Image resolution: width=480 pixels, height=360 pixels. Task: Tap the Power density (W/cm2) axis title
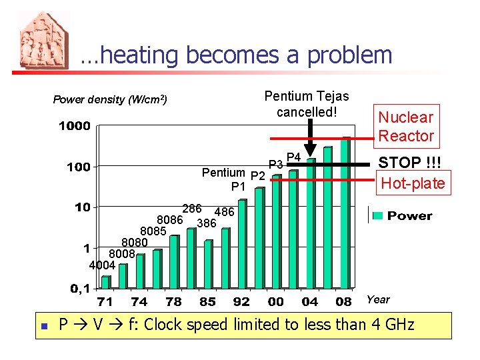[109, 100]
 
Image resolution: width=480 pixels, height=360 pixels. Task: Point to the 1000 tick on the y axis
[74, 126]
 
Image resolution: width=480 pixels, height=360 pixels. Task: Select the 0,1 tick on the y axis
[81, 289]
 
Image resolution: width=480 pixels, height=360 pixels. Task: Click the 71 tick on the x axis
[105, 302]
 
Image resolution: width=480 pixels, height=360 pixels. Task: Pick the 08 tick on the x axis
[343, 302]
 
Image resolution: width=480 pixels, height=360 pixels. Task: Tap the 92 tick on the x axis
[241, 302]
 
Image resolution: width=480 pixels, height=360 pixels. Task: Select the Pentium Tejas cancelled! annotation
[306, 104]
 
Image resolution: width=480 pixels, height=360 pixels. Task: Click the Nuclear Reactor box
[406, 127]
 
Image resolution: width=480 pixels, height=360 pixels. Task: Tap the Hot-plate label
[413, 183]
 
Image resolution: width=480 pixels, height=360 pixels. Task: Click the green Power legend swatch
[377, 215]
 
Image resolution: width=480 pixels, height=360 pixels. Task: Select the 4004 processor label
[102, 265]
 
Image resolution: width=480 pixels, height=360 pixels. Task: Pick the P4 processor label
[294, 157]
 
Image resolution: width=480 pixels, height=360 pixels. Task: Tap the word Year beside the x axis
[378, 300]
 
